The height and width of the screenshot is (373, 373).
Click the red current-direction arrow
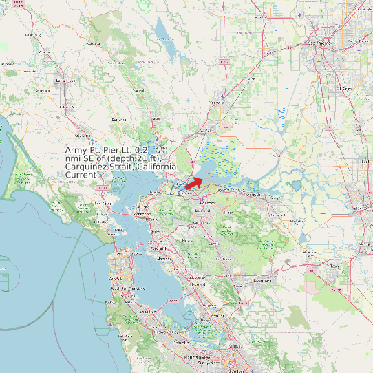pos(194,182)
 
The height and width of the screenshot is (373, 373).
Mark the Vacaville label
pos(217,102)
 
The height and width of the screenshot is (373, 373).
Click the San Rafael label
pos(103,204)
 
